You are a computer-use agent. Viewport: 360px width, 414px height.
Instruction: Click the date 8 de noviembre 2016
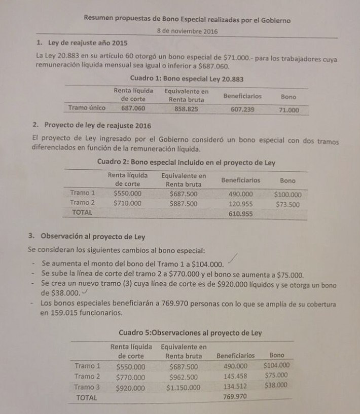(187, 31)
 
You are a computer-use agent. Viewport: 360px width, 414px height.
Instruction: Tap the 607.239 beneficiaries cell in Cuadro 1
(242, 108)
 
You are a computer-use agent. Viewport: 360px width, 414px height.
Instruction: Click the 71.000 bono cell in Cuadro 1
(289, 109)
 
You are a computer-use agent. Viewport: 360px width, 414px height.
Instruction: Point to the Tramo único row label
(87, 107)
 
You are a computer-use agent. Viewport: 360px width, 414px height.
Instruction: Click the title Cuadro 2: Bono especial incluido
(185, 163)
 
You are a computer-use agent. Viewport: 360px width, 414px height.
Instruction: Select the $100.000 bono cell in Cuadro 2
(287, 194)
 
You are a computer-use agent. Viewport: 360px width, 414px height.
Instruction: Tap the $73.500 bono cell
(287, 204)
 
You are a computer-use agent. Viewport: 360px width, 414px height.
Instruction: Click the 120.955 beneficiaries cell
(241, 204)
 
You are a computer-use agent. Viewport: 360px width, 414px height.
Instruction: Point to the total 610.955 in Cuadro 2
(241, 214)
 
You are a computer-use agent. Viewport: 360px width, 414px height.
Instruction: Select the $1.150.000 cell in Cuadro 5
(183, 388)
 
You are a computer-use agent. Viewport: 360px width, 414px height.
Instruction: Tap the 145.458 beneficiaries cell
(235, 377)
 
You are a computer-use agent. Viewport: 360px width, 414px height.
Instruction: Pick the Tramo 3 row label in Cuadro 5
(87, 387)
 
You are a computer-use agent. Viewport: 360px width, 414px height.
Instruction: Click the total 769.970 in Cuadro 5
(235, 397)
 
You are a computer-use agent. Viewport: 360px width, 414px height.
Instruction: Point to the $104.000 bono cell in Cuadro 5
(276, 365)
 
